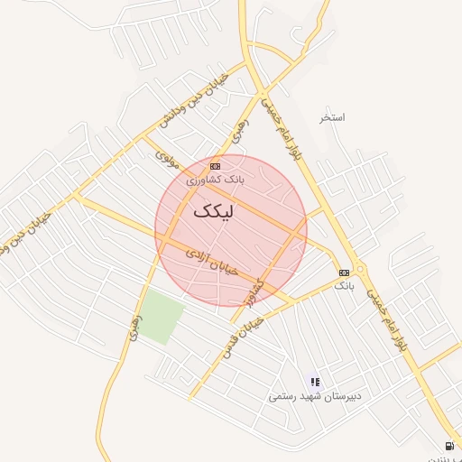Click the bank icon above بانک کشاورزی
(x=215, y=167)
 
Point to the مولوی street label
(x=168, y=161)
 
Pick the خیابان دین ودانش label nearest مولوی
(x=195, y=100)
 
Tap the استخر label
(x=332, y=117)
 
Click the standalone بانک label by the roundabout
(x=344, y=285)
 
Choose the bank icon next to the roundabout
(x=344, y=273)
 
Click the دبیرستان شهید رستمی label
(x=314, y=396)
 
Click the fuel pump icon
(x=449, y=446)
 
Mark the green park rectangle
(x=162, y=317)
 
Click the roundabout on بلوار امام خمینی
(x=362, y=268)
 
